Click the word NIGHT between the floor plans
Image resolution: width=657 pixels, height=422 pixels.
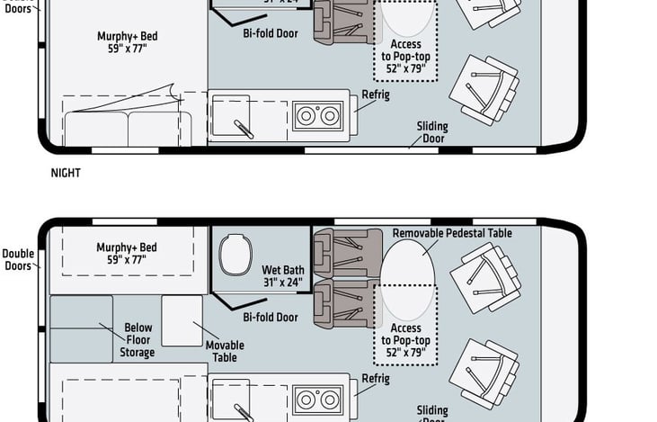point(66,173)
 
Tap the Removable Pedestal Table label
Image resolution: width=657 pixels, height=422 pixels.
point(452,233)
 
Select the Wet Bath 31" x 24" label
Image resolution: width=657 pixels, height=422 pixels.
point(282,275)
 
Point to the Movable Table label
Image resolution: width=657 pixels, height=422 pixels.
point(225,351)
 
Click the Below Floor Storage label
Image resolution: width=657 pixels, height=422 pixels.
point(138,340)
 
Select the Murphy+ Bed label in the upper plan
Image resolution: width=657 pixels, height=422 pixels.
point(127,42)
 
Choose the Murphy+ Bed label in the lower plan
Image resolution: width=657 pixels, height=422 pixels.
point(127,253)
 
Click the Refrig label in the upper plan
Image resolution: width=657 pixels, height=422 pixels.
point(375,95)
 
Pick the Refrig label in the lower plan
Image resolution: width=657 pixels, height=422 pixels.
point(375,379)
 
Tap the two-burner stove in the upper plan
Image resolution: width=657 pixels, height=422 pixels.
point(318,116)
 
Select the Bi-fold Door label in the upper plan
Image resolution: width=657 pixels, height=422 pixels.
point(271,33)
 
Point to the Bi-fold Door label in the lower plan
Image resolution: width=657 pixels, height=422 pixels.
point(271,317)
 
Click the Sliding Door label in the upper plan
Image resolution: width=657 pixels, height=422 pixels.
point(432,132)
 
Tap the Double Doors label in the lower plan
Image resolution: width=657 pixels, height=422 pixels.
point(17,259)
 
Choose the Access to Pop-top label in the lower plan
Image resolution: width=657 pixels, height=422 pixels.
point(405,340)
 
